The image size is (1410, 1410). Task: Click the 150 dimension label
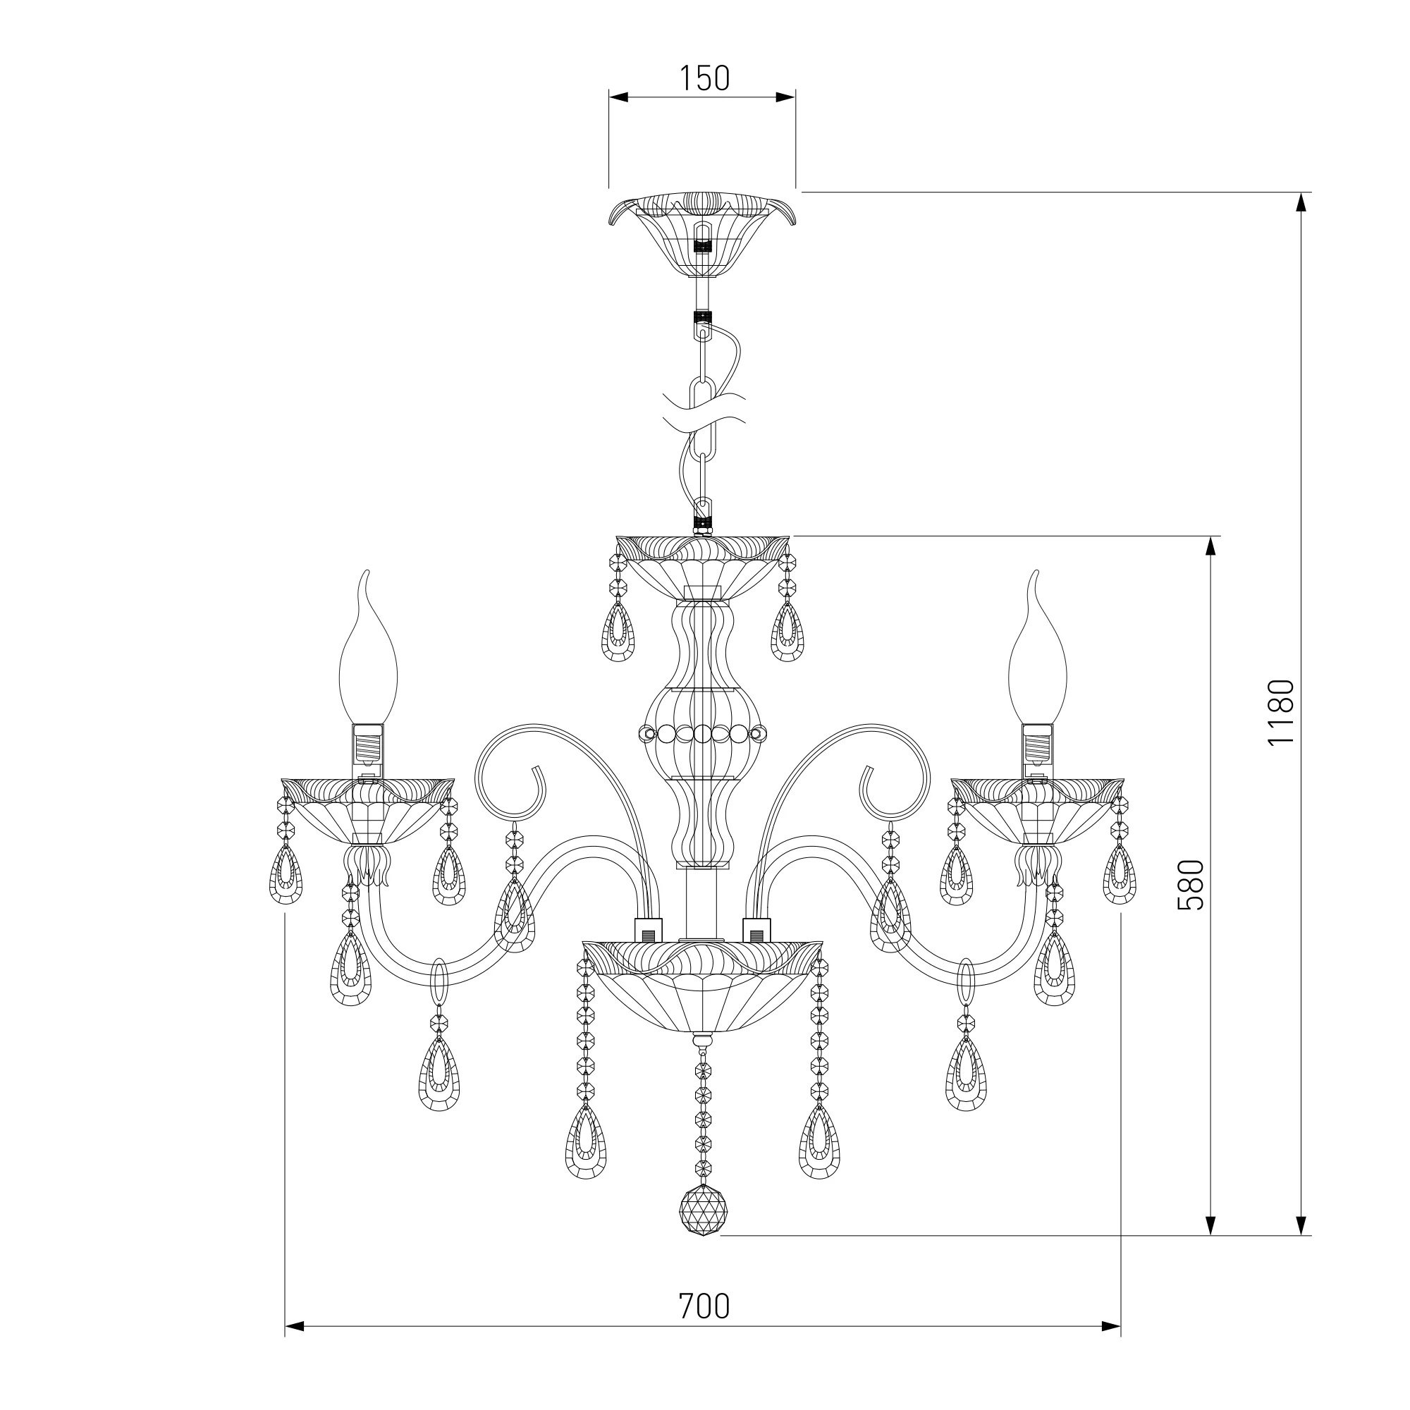click(704, 79)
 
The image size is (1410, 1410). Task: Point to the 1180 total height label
click(1281, 711)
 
